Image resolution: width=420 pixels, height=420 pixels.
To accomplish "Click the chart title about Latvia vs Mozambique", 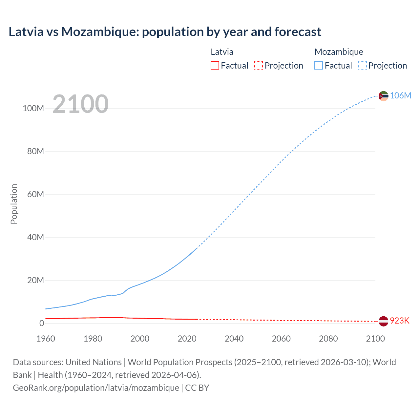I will click(x=165, y=32).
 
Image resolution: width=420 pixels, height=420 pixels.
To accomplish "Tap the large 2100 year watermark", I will click(x=80, y=104).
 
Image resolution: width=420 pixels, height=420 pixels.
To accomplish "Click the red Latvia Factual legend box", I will click(x=215, y=66).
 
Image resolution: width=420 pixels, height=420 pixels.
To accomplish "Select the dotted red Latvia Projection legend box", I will click(x=259, y=66).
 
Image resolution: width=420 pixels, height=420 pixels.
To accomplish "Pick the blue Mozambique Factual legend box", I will click(x=319, y=66).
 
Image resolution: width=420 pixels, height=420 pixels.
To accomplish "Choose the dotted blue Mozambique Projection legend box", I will click(x=362, y=66).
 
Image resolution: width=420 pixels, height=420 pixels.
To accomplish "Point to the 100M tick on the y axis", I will click(x=33, y=109).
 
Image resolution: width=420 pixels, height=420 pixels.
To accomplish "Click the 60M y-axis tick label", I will click(x=35, y=195).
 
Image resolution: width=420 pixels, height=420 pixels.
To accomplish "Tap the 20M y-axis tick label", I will click(x=35, y=281).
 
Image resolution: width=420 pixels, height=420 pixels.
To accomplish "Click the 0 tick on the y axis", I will click(x=42, y=324).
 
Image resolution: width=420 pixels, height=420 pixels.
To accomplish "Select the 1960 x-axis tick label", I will click(x=46, y=339).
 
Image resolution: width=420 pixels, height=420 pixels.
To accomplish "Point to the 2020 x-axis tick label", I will click(x=187, y=339).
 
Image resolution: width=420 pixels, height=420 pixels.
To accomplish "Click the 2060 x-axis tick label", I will click(x=281, y=339).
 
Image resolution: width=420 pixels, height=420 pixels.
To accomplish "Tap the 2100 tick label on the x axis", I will click(x=375, y=339).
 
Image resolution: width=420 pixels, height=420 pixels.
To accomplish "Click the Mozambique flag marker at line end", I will click(x=383, y=96).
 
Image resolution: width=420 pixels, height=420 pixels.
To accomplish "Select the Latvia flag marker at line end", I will click(x=383, y=321).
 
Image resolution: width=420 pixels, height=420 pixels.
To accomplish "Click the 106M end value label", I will click(x=400, y=95).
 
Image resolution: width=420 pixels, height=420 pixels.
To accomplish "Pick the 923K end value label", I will click(x=400, y=321).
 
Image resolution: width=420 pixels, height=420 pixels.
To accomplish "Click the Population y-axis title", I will click(x=14, y=204).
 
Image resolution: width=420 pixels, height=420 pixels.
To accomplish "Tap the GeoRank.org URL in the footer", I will click(x=96, y=388).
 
